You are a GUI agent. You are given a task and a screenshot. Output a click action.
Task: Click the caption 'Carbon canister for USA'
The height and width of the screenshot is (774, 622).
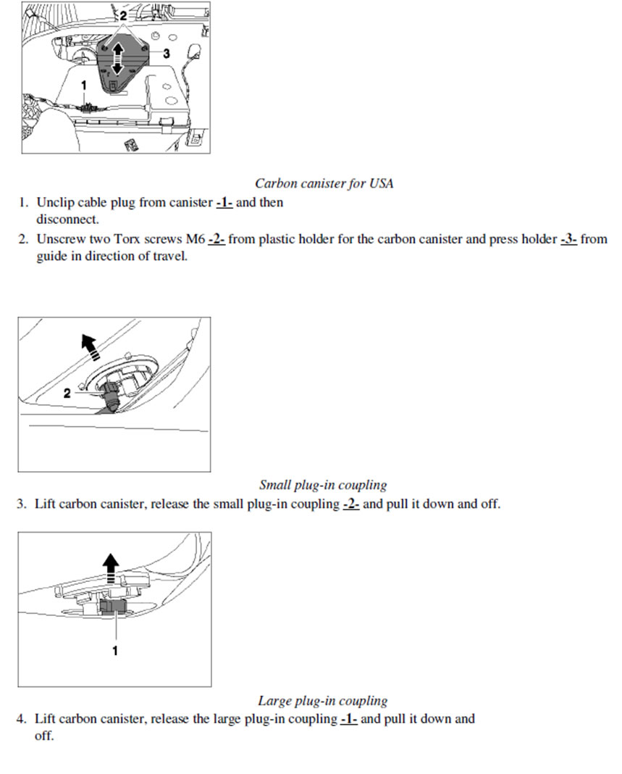point(324,183)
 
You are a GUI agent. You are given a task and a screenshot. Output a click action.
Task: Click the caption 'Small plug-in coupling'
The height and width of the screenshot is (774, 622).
point(323,485)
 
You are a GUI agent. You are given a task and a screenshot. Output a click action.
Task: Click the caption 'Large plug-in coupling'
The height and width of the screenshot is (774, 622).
point(322,701)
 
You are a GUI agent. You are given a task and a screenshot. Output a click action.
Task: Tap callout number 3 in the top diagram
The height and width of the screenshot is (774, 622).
point(167,54)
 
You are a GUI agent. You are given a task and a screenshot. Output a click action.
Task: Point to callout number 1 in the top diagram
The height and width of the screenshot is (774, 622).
point(84,85)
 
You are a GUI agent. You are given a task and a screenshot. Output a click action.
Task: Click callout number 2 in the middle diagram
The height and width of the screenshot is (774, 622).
point(67,393)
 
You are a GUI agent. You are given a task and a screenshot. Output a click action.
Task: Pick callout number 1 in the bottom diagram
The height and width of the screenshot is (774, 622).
point(114,650)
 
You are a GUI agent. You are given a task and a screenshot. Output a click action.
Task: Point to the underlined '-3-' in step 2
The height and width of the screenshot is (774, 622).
point(568,239)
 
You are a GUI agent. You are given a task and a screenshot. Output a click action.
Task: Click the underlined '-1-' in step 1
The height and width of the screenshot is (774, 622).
point(224,202)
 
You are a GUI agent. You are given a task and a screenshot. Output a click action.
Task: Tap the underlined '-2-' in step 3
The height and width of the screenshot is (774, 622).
point(350,504)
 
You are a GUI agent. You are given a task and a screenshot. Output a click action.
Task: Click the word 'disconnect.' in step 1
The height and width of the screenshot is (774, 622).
point(68,219)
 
